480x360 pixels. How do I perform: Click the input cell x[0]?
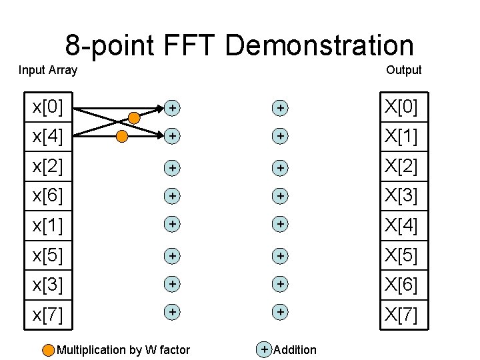pyautogui.click(x=49, y=107)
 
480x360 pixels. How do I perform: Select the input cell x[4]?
pyautogui.click(x=49, y=136)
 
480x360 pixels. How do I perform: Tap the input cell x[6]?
pyautogui.click(x=49, y=195)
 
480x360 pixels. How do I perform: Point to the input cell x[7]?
pyautogui.click(x=49, y=314)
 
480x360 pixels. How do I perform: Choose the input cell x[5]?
pyautogui.click(x=49, y=255)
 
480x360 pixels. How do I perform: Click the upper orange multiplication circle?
pyautogui.click(x=134, y=118)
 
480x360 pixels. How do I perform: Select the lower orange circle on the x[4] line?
pyautogui.click(x=122, y=137)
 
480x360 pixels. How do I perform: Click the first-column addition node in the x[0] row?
pyautogui.click(x=172, y=107)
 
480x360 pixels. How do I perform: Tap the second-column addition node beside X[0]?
pyautogui.click(x=281, y=107)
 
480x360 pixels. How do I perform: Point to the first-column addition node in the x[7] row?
pyautogui.click(x=172, y=311)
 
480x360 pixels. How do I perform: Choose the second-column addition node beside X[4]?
pyautogui.click(x=281, y=225)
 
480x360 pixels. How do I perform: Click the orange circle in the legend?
pyautogui.click(x=49, y=350)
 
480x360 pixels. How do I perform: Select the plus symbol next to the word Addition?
pyautogui.click(x=265, y=349)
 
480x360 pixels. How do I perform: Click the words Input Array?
pyautogui.click(x=48, y=70)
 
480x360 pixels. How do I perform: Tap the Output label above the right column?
pyautogui.click(x=403, y=70)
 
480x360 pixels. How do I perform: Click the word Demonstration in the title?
pyautogui.click(x=319, y=45)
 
